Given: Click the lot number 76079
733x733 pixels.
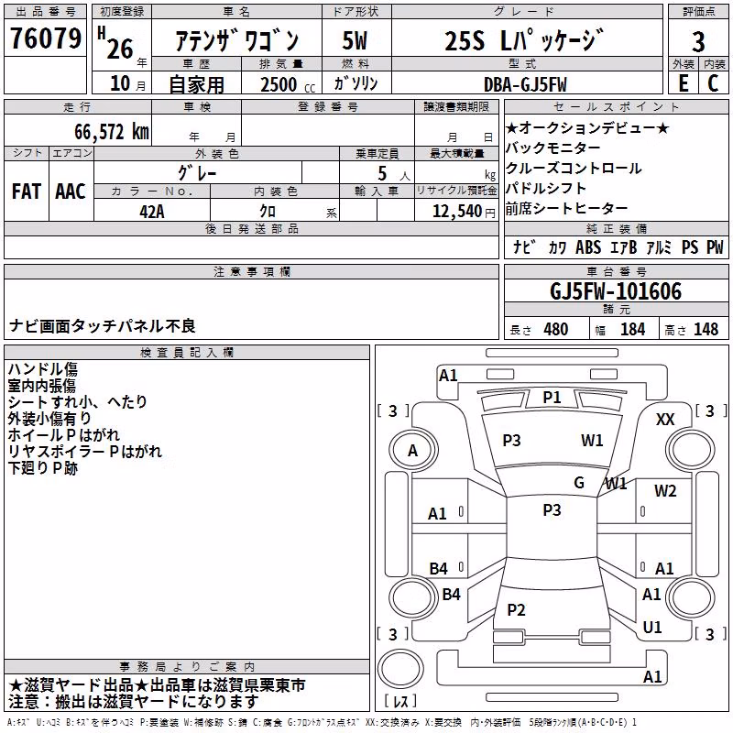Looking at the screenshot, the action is [45, 38].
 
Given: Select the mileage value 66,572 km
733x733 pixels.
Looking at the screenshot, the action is [112, 132].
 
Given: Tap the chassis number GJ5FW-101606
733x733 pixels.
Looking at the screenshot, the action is [616, 291].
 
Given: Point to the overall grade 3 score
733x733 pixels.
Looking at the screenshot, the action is [698, 42].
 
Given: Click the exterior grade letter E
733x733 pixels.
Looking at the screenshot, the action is [683, 83].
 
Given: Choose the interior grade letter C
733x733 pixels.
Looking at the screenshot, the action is [713, 83].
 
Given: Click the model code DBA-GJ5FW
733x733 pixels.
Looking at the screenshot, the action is [525, 84].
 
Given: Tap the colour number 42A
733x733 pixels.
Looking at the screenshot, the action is [152, 212].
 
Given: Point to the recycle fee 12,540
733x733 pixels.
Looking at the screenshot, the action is [456, 211].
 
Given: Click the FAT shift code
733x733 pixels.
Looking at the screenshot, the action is [27, 191].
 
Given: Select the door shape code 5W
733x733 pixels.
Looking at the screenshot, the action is [355, 40].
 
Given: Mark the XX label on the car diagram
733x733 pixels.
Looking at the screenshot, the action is [665, 420].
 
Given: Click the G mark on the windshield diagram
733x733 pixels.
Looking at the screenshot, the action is [579, 482].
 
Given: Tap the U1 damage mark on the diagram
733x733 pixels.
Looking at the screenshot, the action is [652, 627].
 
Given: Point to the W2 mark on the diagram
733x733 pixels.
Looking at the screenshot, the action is [665, 490].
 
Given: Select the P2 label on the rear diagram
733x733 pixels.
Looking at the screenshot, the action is [516, 609].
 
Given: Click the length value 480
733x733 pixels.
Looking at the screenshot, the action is [556, 329].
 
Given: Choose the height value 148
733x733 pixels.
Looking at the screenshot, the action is [706, 329].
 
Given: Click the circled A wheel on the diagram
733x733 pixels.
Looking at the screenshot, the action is [412, 451].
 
